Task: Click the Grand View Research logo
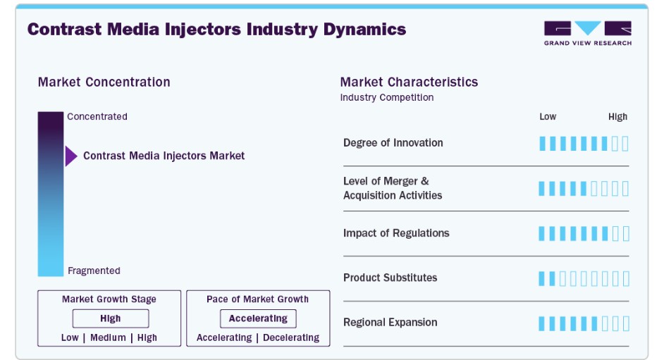click(x=588, y=33)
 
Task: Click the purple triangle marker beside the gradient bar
click(x=70, y=156)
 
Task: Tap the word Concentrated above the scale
click(x=97, y=116)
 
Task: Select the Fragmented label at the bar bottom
click(x=94, y=271)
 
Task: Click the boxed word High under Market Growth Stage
click(x=111, y=318)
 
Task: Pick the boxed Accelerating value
click(x=258, y=318)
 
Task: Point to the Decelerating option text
click(x=291, y=337)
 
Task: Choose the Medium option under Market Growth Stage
click(x=108, y=337)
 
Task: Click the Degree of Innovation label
click(x=393, y=143)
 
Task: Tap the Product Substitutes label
click(x=390, y=278)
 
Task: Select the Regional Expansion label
click(x=390, y=323)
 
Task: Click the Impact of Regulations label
click(x=396, y=233)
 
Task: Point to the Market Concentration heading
click(x=104, y=82)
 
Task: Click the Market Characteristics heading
click(x=409, y=82)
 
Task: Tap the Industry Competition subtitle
click(x=386, y=97)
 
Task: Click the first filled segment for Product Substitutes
click(x=541, y=279)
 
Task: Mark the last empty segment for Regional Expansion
click(x=626, y=323)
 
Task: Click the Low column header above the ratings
click(x=548, y=117)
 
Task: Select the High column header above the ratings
click(x=618, y=117)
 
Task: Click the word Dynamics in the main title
click(x=364, y=30)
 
